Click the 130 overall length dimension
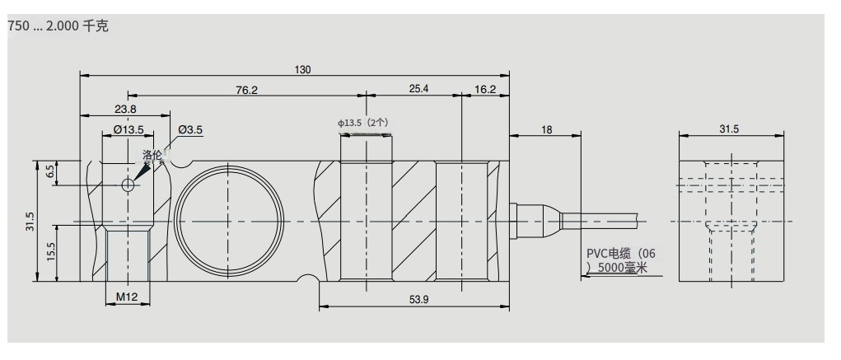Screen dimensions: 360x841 [x=302, y=69]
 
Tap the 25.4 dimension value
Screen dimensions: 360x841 [x=418, y=89]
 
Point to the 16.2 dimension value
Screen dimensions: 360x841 [x=486, y=89]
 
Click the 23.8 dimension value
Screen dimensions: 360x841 [x=125, y=109]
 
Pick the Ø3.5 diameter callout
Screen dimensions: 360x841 [x=189, y=129]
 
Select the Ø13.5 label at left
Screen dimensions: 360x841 [x=128, y=129]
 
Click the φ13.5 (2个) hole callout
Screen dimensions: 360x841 [x=363, y=124]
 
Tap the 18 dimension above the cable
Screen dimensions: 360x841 [x=546, y=129]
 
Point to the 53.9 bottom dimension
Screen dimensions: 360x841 [x=418, y=298]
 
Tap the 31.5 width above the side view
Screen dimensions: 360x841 [x=729, y=129]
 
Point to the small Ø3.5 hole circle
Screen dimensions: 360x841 [x=128, y=185]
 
